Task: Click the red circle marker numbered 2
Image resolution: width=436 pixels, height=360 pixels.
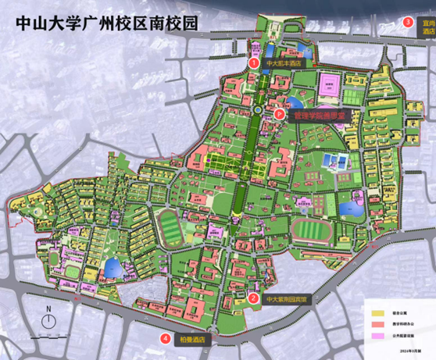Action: tap(253, 298)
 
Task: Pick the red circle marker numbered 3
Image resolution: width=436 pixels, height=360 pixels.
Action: tap(409, 22)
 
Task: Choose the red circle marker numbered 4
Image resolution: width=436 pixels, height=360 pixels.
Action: tap(166, 339)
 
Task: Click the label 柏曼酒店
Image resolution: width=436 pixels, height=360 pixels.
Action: tap(191, 339)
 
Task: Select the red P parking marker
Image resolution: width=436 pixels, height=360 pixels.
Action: tap(280, 114)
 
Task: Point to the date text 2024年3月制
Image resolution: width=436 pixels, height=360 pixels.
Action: tap(418, 352)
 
